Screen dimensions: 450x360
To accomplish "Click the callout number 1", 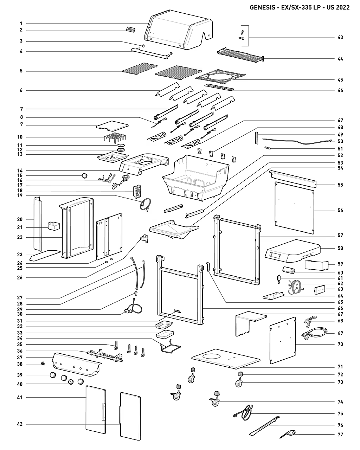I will (x=21, y=24).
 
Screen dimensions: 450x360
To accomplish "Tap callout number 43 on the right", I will (x=340, y=37).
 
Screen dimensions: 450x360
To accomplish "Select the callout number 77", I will (x=340, y=435).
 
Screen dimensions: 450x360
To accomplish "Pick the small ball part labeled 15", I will (x=84, y=175).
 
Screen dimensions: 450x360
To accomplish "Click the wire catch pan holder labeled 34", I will (x=169, y=348).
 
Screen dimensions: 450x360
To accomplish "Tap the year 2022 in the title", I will (x=342, y=7).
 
